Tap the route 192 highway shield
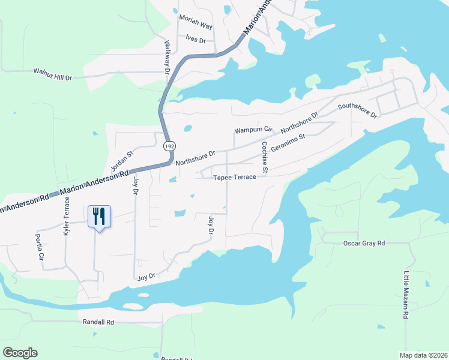click(x=169, y=146)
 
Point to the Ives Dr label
click(x=196, y=40)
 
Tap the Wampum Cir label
click(x=253, y=130)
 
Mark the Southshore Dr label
click(x=357, y=110)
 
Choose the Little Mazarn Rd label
click(x=406, y=294)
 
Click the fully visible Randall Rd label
click(x=98, y=322)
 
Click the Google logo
click(x=20, y=352)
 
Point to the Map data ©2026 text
click(x=421, y=355)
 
